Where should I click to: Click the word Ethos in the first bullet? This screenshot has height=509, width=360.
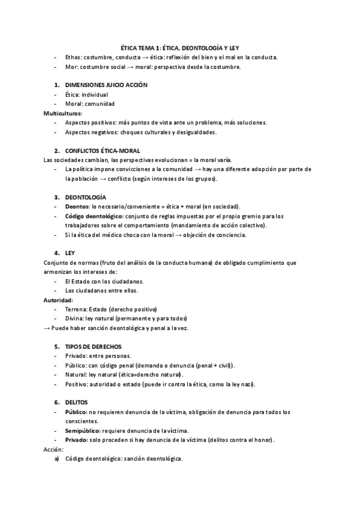(x=73, y=57)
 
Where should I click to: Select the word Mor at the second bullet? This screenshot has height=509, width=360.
(x=70, y=67)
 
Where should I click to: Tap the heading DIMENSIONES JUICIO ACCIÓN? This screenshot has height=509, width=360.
(x=106, y=85)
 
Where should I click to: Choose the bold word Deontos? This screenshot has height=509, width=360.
(x=77, y=206)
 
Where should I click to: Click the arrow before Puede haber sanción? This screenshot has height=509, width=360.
(x=47, y=328)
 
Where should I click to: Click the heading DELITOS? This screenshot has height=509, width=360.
(x=77, y=402)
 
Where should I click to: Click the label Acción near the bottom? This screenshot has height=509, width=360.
(x=53, y=449)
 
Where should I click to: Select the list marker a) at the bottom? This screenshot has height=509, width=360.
(x=57, y=459)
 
